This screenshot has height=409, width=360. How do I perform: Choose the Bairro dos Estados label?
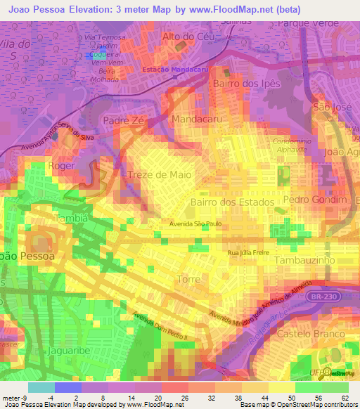click(231, 202)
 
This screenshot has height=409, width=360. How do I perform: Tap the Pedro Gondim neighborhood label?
click(315, 200)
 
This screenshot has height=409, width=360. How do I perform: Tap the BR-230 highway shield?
click(323, 297)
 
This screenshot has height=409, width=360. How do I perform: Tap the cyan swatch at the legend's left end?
click(41, 387)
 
